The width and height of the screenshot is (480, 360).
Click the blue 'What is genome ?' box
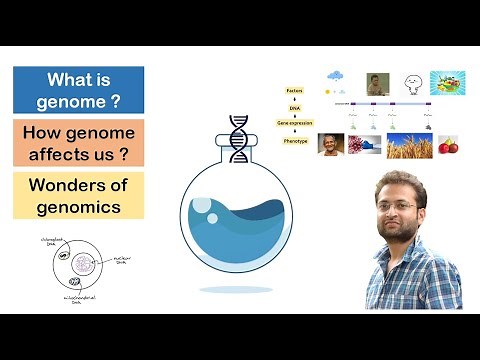(78, 89)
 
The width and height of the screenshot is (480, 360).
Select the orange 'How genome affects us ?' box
(78, 142)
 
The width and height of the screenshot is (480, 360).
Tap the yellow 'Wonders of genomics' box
(78, 195)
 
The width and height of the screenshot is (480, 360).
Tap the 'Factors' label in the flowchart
(296, 89)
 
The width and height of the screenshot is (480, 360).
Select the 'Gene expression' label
(296, 122)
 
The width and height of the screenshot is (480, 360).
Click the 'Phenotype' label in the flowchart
(296, 140)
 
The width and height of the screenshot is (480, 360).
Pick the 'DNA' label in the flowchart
(296, 105)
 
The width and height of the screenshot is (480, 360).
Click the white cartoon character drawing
(410, 83)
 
